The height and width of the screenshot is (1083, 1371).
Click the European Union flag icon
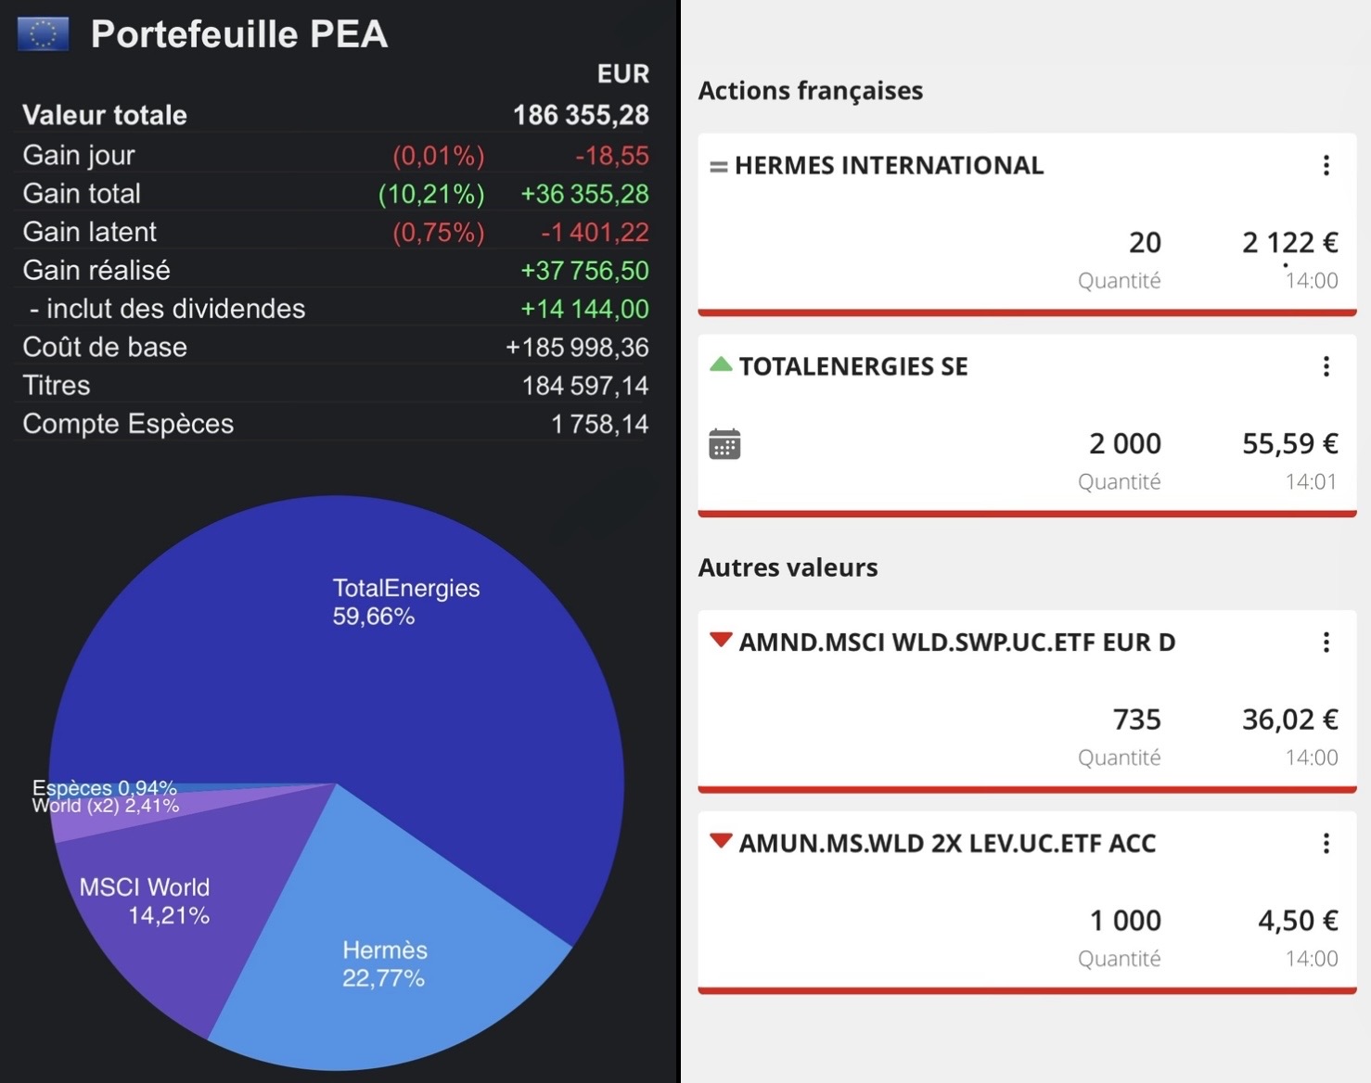43,34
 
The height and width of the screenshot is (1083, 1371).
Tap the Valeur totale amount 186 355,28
581,115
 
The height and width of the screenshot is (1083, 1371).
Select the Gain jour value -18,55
611,156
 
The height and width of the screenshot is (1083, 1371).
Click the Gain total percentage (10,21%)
431,194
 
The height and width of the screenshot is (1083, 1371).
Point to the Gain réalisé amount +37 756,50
584,271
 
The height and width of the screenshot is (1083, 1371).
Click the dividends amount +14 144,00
584,309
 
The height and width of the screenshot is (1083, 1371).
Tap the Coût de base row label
105,347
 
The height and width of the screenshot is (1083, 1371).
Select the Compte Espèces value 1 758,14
599,424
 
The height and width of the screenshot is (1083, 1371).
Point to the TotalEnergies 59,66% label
405,602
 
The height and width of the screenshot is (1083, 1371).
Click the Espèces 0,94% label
104,788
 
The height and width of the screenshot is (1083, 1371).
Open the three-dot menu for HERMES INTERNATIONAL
1326,165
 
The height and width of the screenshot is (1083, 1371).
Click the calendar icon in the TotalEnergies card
724,444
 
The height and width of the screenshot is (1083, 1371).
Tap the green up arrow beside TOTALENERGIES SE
721,364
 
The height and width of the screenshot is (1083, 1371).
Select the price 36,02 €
1289,720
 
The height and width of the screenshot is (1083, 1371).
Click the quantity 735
1136,720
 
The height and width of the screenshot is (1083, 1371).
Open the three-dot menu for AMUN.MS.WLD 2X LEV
1326,843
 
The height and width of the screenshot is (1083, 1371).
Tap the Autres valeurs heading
788,567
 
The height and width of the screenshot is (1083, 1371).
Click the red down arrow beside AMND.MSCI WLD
721,640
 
